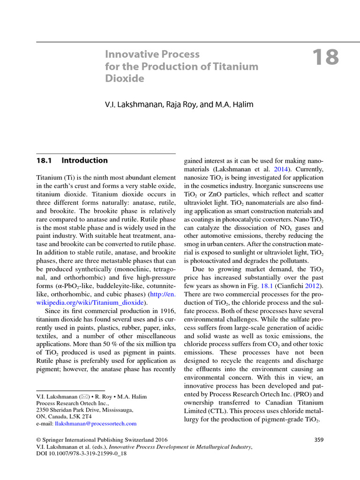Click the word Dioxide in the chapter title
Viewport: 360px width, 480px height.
pyautogui.click(x=125, y=79)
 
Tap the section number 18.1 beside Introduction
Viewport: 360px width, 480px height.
pyautogui.click(x=44, y=160)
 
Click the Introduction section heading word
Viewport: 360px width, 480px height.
pyautogui.click(x=84, y=160)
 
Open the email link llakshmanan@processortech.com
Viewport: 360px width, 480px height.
pyautogui.click(x=96, y=423)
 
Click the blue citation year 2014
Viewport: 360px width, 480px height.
pyautogui.click(x=279, y=169)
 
